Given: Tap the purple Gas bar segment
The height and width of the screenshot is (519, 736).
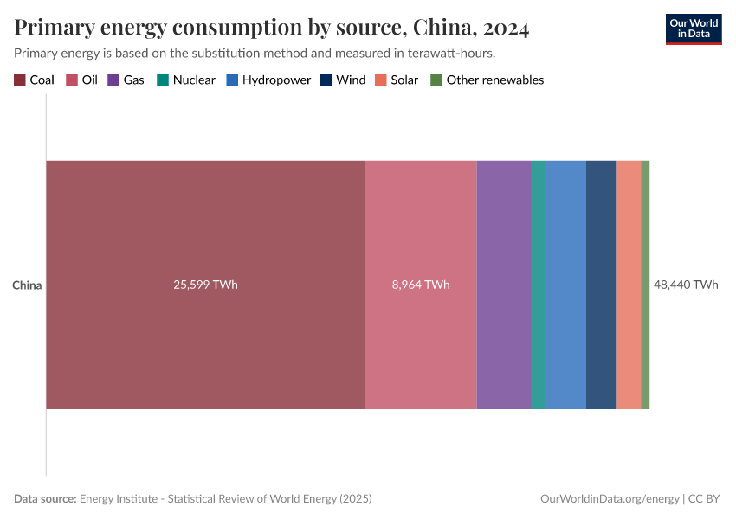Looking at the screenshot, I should tap(503, 285).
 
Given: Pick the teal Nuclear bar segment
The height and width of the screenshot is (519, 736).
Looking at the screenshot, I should tap(538, 285).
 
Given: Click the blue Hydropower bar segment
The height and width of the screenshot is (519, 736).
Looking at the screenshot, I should tap(565, 285).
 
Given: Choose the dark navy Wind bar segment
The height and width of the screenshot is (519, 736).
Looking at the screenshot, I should tap(601, 285).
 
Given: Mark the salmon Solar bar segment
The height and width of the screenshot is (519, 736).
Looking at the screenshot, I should tap(629, 285).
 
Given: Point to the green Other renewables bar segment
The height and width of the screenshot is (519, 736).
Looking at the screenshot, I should tap(645, 285).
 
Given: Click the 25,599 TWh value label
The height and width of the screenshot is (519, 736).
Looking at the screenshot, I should tap(205, 285).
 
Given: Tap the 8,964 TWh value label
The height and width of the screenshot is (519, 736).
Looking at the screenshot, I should tap(420, 285).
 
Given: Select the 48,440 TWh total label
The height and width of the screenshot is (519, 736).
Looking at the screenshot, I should tap(686, 285).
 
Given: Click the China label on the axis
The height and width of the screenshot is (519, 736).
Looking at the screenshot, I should tap(27, 285).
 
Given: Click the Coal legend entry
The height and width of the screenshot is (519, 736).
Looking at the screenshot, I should tap(35, 80).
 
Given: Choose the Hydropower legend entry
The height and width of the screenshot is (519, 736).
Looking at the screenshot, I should tap(268, 80).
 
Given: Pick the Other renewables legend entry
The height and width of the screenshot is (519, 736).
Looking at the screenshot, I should tap(487, 80).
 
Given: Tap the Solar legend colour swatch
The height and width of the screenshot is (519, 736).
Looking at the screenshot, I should tap(381, 80).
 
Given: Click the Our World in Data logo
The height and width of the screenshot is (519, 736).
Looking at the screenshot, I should tap(693, 29).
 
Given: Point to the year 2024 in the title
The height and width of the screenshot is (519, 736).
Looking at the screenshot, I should tap(507, 28).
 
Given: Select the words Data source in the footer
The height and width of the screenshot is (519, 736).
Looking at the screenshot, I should tap(44, 499).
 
